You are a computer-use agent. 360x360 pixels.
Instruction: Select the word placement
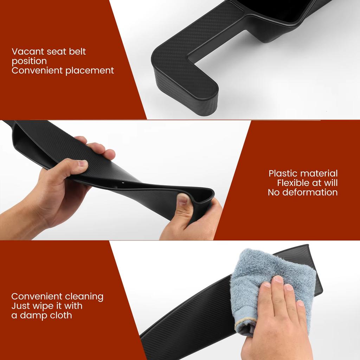[x=90, y=70]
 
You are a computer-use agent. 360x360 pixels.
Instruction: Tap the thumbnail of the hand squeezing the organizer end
[x=183, y=200]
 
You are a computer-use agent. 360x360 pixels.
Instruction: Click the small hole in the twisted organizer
[x=123, y=184]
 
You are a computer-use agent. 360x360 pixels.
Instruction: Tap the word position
[x=29, y=61]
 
